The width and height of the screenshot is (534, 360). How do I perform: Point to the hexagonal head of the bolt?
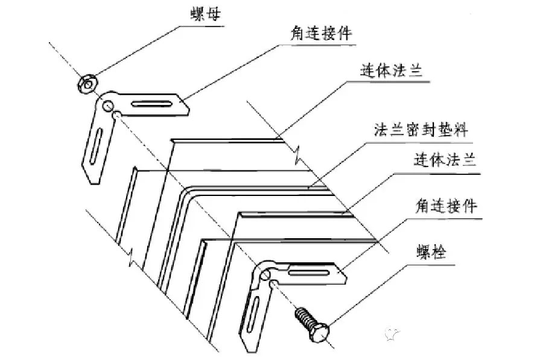tap(323, 331)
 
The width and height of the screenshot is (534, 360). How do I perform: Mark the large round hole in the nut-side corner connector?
tap(107, 107)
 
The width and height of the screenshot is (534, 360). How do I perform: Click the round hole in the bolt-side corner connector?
tap(264, 276)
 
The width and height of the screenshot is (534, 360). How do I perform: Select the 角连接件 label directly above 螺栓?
tap(445, 207)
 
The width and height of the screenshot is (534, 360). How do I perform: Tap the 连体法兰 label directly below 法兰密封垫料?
tap(445, 161)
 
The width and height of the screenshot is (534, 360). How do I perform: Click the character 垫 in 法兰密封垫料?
tap(443, 130)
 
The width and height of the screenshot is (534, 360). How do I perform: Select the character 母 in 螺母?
tap(213, 13)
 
